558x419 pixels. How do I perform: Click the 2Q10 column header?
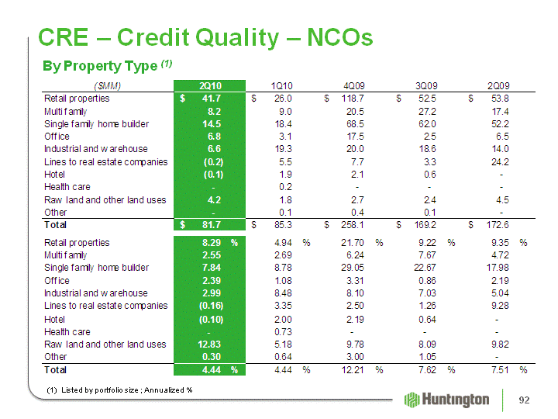pos(210,86)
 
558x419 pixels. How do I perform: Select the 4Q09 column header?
pos(354,86)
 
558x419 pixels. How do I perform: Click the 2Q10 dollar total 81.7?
pos(212,225)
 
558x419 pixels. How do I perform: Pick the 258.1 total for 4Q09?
pos(353,225)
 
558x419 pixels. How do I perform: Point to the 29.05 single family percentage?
pos(353,268)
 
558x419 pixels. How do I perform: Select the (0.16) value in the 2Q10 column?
pos(211,306)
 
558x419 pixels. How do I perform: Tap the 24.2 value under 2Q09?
pos(500,162)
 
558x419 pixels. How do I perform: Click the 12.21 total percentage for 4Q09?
pos(353,370)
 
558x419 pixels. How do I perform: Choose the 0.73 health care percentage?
pos(283,332)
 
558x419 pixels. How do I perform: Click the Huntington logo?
pos(446,400)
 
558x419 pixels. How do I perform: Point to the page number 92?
pos(524,400)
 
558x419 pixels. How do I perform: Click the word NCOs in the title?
pos(340,37)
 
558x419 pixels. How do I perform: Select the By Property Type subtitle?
pos(107,66)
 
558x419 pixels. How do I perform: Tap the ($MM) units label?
pos(107,86)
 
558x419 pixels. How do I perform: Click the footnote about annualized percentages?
pos(119,390)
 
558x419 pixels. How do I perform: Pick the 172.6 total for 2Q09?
pos(498,225)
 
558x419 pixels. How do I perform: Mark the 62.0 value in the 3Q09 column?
pos(427,124)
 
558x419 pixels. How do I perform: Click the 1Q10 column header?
pos(282,86)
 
